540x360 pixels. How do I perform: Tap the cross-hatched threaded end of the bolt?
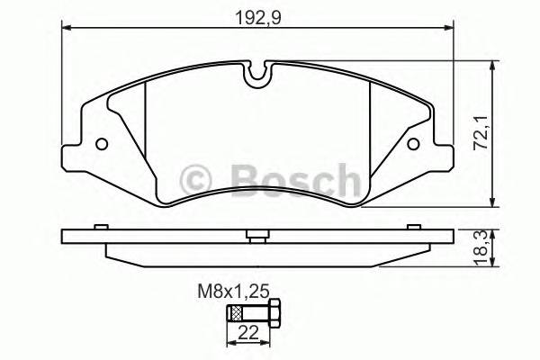pos(237,313)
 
